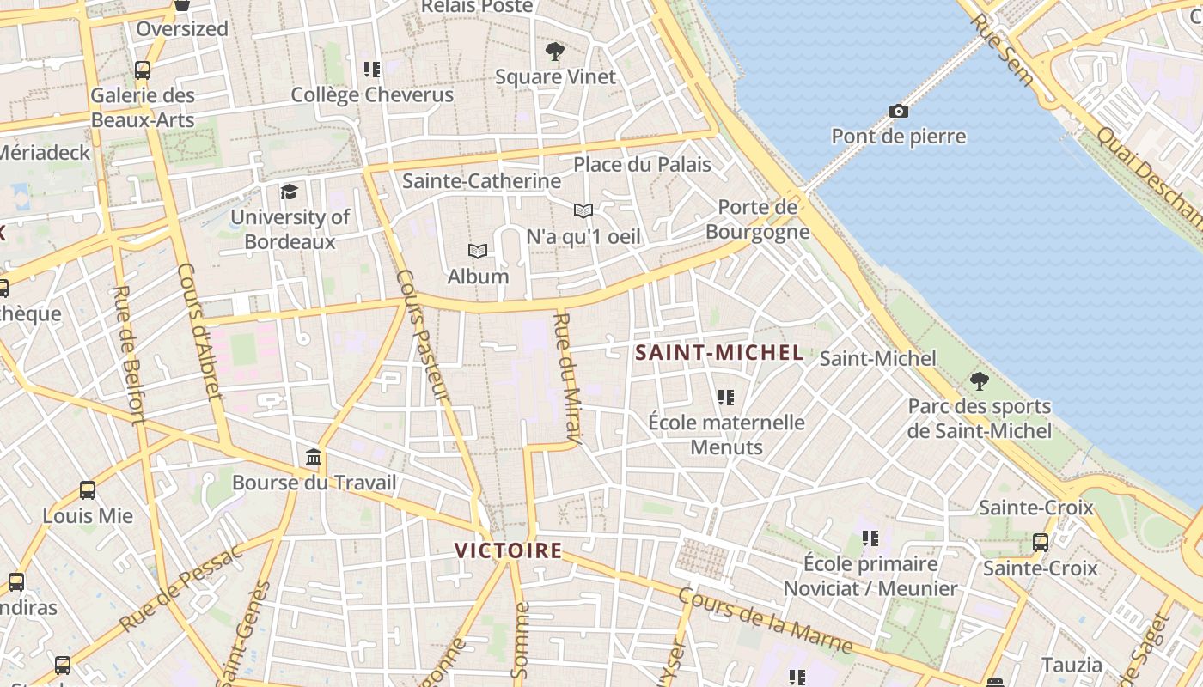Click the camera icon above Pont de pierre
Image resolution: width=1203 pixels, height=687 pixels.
pos(899,111)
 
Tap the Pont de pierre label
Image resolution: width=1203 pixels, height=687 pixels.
pos(899,137)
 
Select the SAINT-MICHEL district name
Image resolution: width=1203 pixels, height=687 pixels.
pos(719,352)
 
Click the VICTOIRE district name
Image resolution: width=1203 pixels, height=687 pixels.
pos(508,550)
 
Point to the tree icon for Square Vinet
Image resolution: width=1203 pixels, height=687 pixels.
pos(555,52)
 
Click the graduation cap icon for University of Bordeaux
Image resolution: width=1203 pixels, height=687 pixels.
pos(289,192)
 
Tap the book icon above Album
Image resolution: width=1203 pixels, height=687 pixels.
pos(478,251)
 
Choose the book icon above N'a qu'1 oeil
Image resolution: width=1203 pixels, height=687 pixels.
pos(583,210)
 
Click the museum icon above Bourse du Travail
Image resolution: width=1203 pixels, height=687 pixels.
pos(314,457)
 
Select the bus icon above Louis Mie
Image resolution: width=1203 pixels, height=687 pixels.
pos(88,490)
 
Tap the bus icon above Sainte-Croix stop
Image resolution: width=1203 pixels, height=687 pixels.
pos(1040,543)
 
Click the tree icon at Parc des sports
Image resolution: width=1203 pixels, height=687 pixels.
pos(979,381)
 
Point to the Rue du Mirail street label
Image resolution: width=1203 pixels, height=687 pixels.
pos(568,379)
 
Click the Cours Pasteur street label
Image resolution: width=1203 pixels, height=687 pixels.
pos(423,336)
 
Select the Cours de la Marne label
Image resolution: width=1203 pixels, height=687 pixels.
pos(765,620)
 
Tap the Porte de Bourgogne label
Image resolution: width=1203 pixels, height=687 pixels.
pos(758,219)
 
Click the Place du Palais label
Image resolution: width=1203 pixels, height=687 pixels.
pos(642,164)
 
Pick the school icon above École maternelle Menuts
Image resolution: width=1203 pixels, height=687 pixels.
pos(726,398)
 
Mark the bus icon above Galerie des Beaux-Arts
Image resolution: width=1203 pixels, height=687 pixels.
pos(143,70)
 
